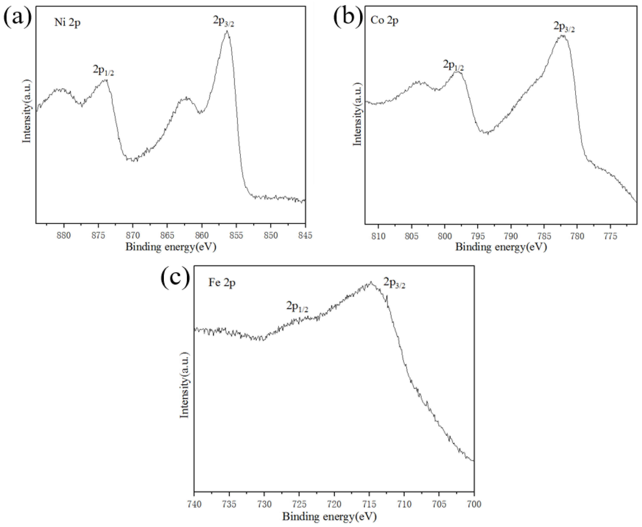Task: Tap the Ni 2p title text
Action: (67, 23)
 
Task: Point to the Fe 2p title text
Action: (222, 283)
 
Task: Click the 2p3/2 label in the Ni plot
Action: (223, 22)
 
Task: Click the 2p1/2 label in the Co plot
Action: (453, 65)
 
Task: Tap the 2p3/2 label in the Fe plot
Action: (394, 283)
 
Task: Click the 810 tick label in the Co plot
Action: (378, 236)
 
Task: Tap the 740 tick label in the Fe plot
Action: (194, 504)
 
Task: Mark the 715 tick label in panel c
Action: (369, 504)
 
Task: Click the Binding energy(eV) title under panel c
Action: (329, 516)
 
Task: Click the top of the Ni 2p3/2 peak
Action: (227, 31)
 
